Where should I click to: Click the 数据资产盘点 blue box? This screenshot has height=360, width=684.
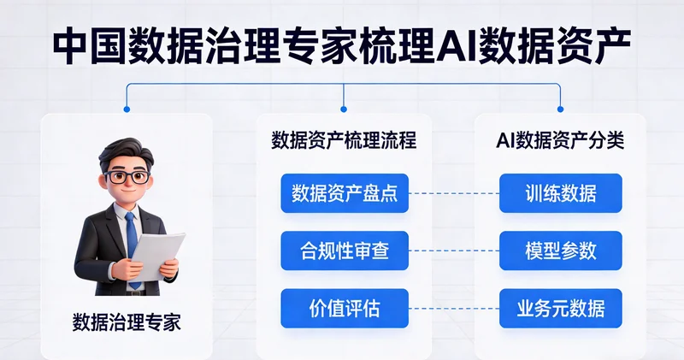pyautogui.click(x=345, y=193)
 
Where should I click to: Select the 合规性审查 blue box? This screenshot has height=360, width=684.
pyautogui.click(x=345, y=251)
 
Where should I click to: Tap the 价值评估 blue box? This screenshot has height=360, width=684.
pyautogui.click(x=345, y=308)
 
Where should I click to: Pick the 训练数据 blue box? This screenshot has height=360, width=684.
pyautogui.click(x=561, y=193)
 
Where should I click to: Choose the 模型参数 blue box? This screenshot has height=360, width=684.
pyautogui.click(x=561, y=251)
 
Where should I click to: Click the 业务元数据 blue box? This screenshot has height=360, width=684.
pyautogui.click(x=561, y=308)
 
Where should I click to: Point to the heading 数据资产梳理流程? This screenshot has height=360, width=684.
pyautogui.click(x=344, y=140)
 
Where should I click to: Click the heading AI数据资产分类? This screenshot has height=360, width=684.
pyautogui.click(x=560, y=140)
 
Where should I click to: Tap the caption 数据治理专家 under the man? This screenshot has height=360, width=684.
pyautogui.click(x=127, y=323)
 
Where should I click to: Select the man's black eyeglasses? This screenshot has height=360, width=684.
pyautogui.click(x=127, y=178)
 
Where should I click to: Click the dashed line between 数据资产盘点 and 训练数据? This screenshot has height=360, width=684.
pyautogui.click(x=454, y=193)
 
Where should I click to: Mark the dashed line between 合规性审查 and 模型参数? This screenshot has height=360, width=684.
pyautogui.click(x=454, y=251)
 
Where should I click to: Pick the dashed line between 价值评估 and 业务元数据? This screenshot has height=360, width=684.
pyautogui.click(x=454, y=308)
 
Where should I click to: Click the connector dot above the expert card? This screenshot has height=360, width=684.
pyautogui.click(x=127, y=109)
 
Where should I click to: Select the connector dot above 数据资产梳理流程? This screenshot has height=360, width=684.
pyautogui.click(x=344, y=109)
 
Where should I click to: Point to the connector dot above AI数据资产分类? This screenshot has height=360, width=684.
pyautogui.click(x=560, y=109)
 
